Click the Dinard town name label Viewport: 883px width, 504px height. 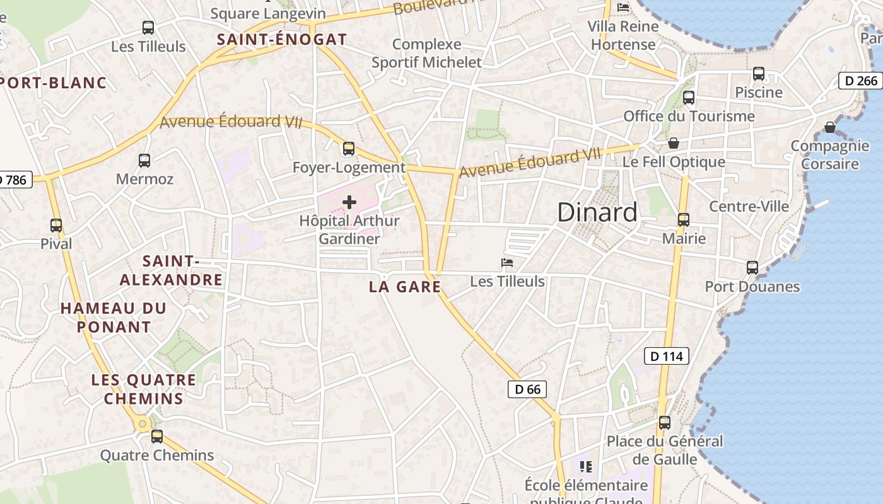pos(597,212)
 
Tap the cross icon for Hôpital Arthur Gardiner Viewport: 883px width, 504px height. pos(349,202)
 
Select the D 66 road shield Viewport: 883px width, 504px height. pos(527,389)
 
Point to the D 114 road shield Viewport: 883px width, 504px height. pos(667,356)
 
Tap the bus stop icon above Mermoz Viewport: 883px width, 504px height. pos(144,161)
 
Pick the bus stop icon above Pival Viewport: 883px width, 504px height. pos(56,226)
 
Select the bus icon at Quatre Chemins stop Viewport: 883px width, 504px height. pos(157,437)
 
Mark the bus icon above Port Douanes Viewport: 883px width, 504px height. pos(752,268)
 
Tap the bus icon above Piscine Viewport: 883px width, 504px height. pos(759,74)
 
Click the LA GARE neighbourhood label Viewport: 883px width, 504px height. pos(404,287)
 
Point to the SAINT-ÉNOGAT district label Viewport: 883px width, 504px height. pos(282,39)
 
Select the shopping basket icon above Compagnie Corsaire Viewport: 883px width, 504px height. pos(830,127)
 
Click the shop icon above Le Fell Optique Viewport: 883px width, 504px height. pos(674,143)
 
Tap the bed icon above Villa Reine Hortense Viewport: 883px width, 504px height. pos(624,8)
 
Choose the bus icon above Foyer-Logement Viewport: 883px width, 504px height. pos(349,149)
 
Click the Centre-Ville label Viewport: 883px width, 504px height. pos(749,207)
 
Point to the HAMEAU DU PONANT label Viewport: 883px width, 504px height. pos(114,318)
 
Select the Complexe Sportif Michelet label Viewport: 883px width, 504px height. pos(426,54)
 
